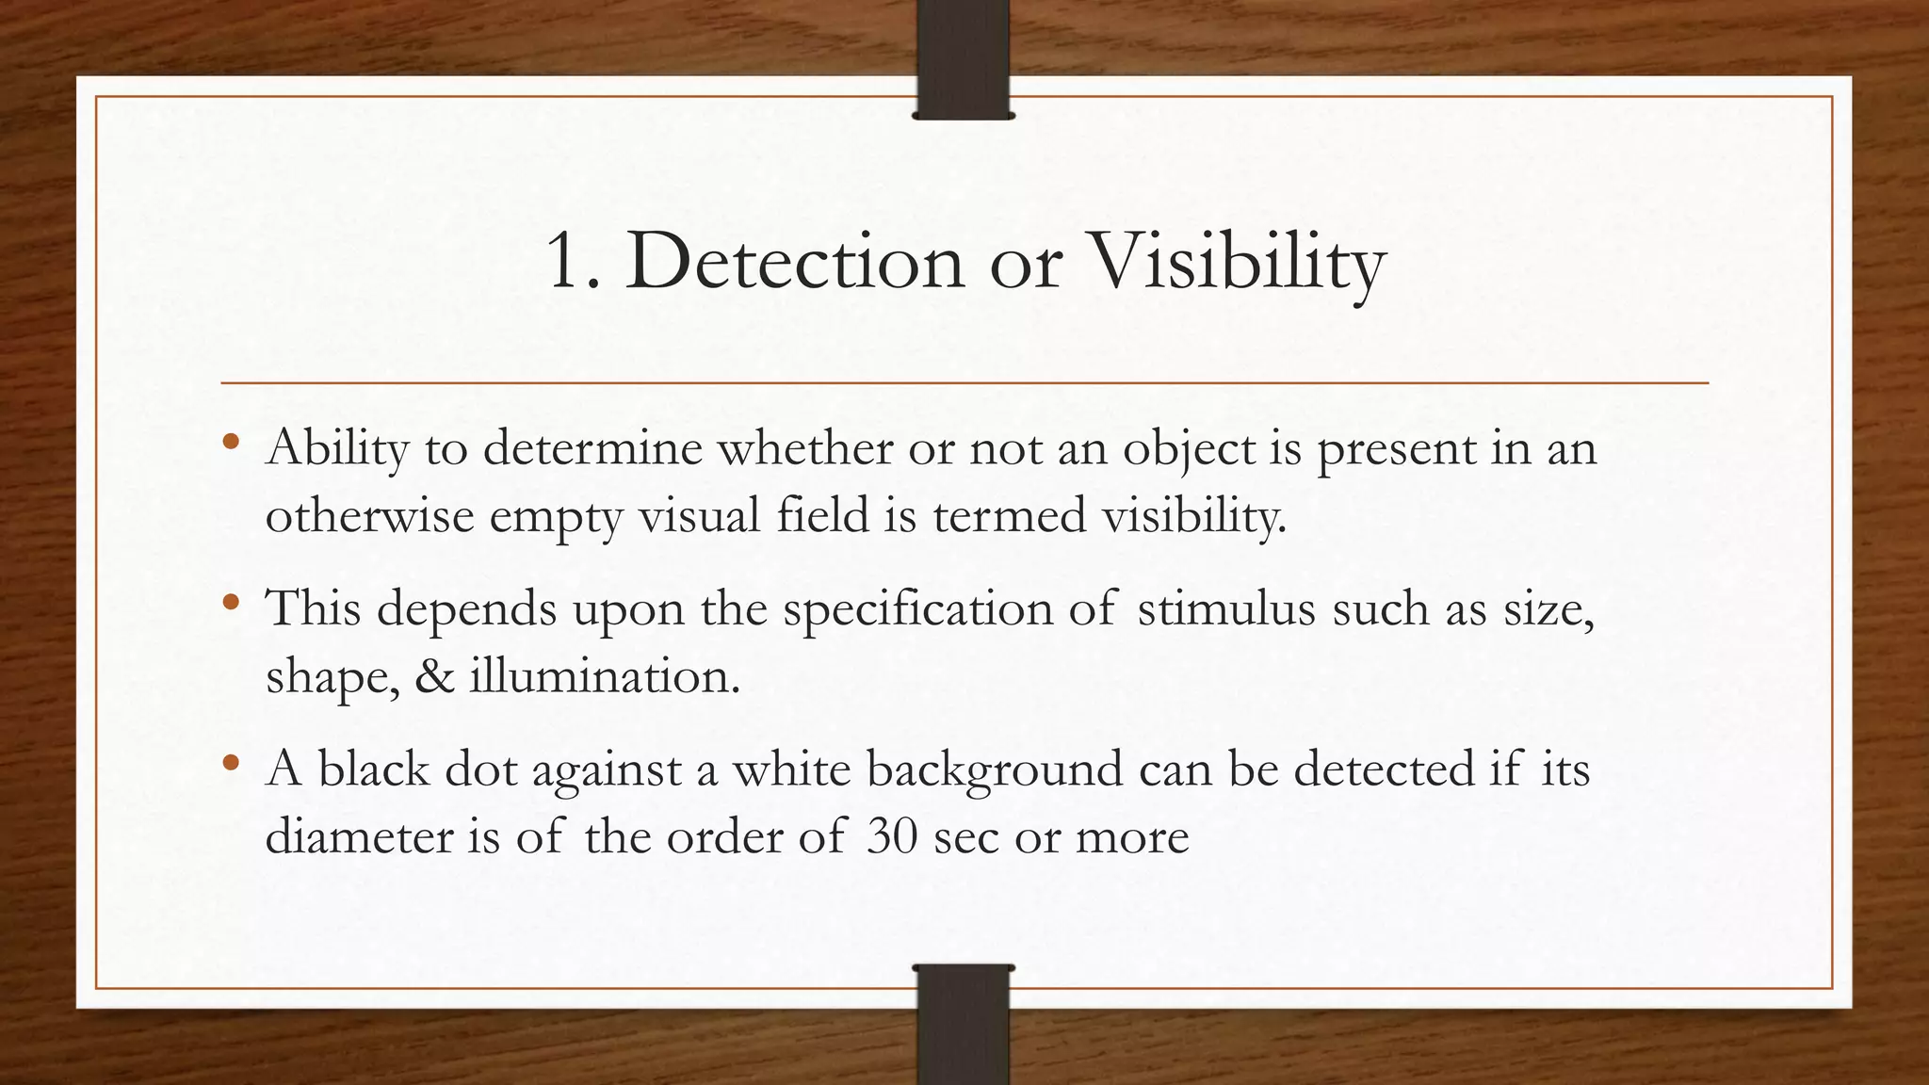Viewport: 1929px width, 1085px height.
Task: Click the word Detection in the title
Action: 794,261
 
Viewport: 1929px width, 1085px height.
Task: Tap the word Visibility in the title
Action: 1236,263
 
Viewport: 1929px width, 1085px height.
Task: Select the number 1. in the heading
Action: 573,261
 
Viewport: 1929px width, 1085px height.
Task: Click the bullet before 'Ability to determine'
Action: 232,441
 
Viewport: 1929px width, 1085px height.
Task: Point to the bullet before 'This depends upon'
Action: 232,602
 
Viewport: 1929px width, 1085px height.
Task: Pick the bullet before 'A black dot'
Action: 232,763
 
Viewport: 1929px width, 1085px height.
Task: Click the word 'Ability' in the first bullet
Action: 336,448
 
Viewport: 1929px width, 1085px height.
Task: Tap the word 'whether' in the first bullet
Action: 804,447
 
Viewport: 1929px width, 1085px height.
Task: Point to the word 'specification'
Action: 917,609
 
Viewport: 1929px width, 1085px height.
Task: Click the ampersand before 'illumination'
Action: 434,676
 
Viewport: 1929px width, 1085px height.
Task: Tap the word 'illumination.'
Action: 605,676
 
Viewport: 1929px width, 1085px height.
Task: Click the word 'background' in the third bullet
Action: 995,770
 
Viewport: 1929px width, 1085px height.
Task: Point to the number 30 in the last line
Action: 892,836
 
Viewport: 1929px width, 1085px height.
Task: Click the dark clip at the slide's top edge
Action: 963,60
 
